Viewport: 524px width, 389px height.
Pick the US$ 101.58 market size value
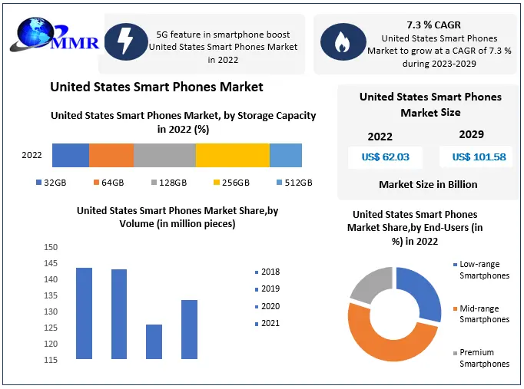479,157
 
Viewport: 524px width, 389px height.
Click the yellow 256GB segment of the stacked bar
232,155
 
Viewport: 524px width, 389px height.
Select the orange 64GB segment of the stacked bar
111,155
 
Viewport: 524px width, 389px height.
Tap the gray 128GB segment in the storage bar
164,155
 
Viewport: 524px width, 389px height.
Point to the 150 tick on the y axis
51,247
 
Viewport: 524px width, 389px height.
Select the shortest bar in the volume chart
154,341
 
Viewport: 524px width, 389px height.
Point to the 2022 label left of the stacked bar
32,155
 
